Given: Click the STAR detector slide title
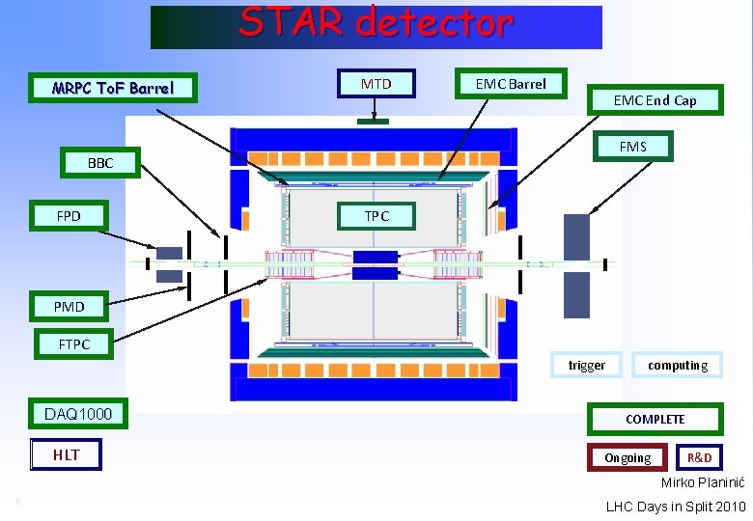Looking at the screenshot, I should (x=376, y=23).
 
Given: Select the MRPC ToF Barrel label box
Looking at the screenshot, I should (x=114, y=89).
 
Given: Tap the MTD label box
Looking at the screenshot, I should (x=376, y=84).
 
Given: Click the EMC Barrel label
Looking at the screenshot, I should (x=511, y=84).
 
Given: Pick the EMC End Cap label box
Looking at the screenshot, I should (x=655, y=100).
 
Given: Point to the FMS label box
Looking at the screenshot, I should (x=632, y=147).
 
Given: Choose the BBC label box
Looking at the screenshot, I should (x=100, y=163).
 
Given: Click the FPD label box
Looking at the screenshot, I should (x=69, y=216).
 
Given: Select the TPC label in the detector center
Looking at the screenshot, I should (x=376, y=216).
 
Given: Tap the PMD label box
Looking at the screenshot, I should (x=70, y=307).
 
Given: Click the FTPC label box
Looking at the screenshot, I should (x=74, y=343).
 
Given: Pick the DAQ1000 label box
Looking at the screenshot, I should (x=78, y=415).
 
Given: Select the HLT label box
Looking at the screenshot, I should (x=66, y=454).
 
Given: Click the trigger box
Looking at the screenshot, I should (x=587, y=365).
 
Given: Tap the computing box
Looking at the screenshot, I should (x=678, y=365).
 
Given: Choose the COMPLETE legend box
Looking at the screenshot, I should (x=655, y=419).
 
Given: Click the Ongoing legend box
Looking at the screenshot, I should (x=627, y=457).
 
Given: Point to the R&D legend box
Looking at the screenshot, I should (x=700, y=457).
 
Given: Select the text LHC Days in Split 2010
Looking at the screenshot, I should (x=676, y=507).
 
